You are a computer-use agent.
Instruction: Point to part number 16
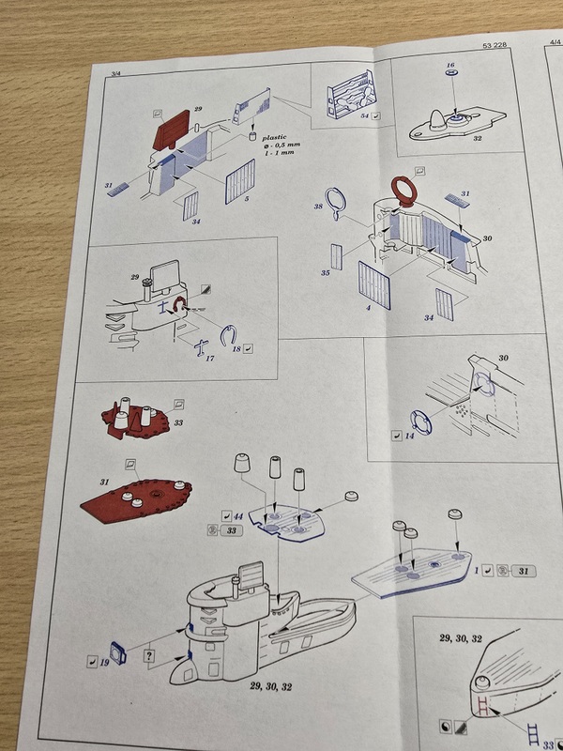coord(450,67)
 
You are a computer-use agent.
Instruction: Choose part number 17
coord(210,357)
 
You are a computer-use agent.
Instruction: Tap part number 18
coord(236,348)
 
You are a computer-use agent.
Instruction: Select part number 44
coord(240,514)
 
